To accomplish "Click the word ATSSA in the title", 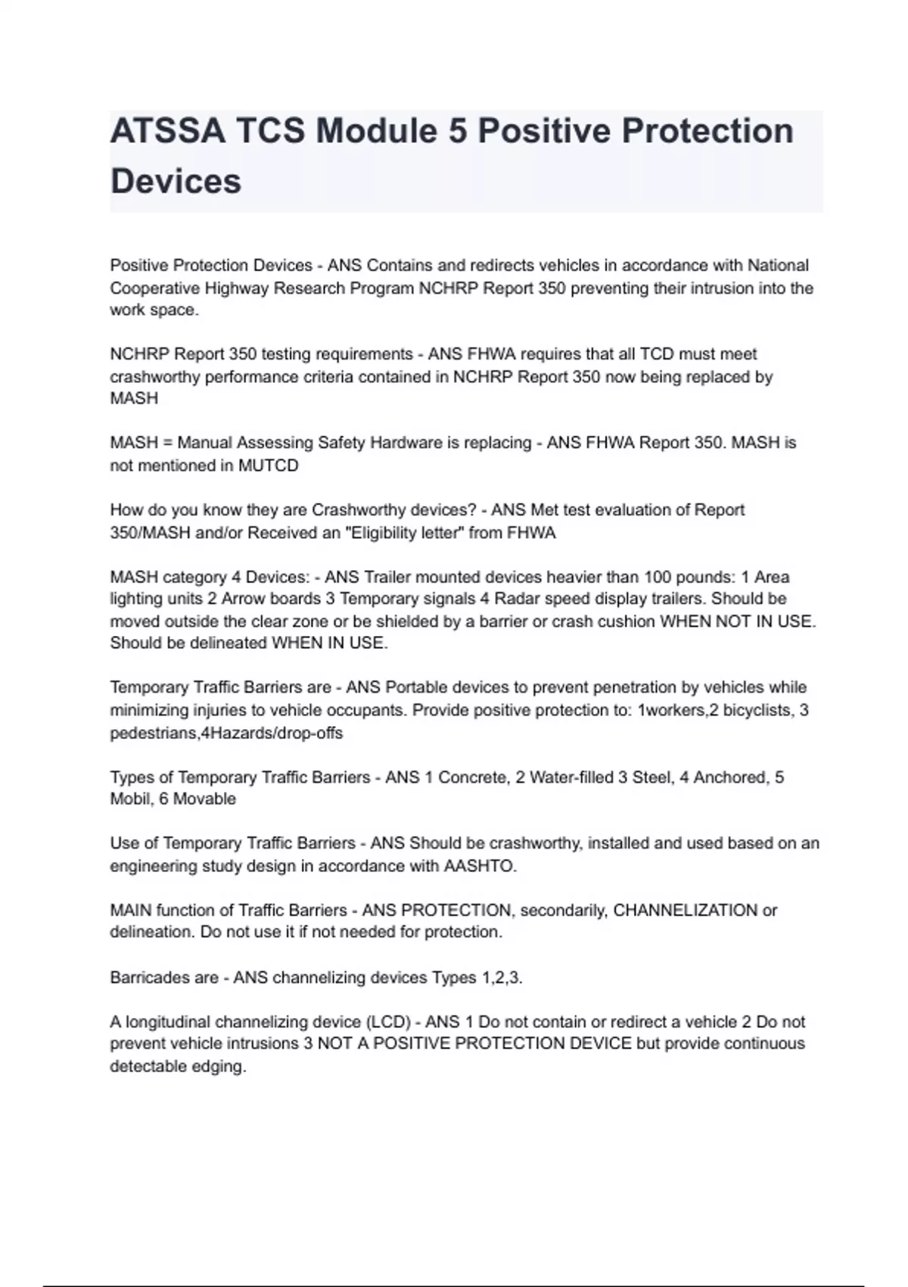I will pos(166,131).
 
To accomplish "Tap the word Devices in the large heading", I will pos(176,182).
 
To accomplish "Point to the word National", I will pos(778,266).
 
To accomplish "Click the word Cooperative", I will pos(152,288).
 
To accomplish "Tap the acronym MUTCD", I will pos(268,466).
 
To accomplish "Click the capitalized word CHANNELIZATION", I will pos(685,910).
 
